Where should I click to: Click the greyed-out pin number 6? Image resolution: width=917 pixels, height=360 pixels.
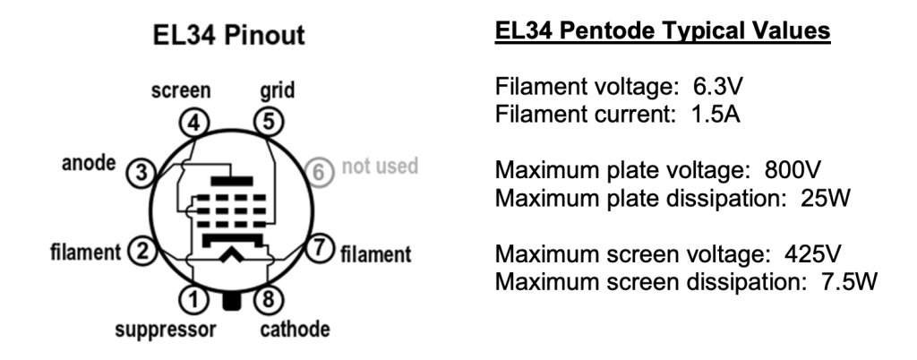[319, 172]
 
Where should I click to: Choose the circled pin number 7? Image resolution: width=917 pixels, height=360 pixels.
[318, 248]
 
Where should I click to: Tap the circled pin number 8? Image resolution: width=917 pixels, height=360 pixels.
[265, 296]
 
